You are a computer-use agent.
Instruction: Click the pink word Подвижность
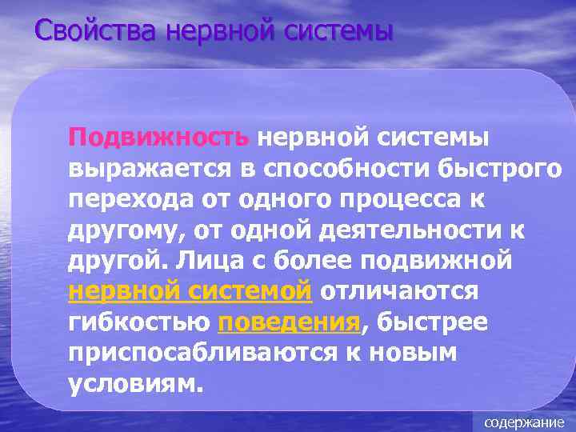159,137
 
